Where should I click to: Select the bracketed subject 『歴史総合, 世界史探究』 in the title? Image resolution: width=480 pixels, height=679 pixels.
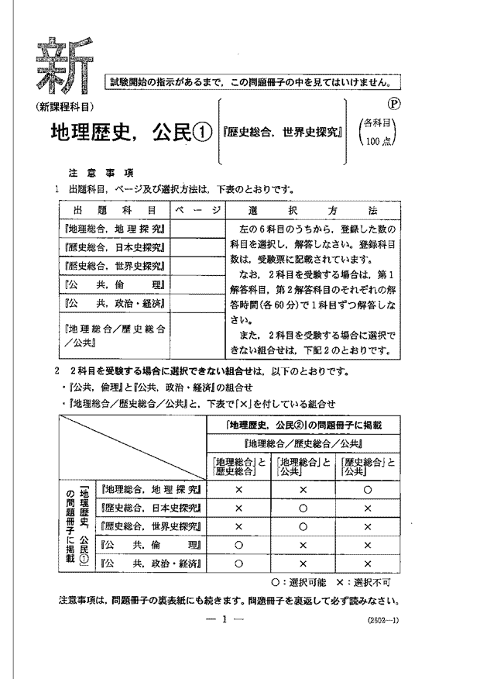(x=283, y=133)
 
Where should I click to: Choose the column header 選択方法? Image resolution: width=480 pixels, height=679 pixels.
(x=313, y=210)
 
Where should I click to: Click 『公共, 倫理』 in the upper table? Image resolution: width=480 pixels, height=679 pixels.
(x=113, y=284)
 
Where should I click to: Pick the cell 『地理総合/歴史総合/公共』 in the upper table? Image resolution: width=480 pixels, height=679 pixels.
(x=113, y=334)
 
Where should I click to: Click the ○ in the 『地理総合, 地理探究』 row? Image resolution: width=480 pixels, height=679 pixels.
(x=367, y=490)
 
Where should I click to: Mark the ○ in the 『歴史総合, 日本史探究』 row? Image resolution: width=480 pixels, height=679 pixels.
(x=303, y=508)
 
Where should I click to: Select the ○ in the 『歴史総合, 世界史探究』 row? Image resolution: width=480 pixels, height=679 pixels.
(x=303, y=526)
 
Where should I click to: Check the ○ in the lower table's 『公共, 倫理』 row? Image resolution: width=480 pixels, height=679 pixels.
(x=238, y=545)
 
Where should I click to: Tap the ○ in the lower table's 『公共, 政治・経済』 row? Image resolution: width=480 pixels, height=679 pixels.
(x=238, y=564)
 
